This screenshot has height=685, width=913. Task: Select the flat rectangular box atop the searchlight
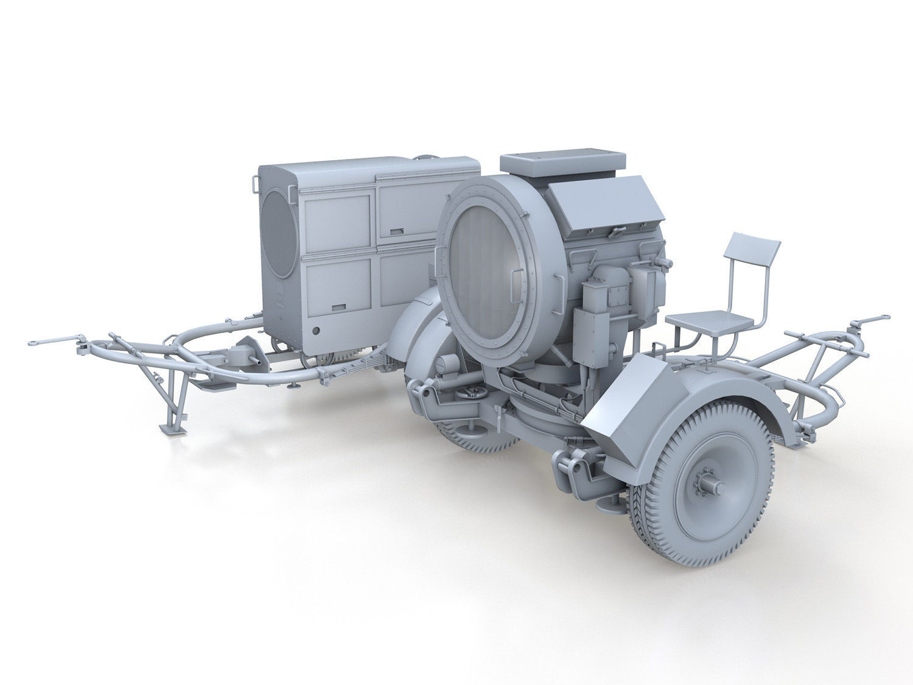coord(562,162)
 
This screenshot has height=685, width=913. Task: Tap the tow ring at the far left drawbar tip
coord(35,343)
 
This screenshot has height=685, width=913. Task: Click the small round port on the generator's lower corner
coord(316,331)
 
